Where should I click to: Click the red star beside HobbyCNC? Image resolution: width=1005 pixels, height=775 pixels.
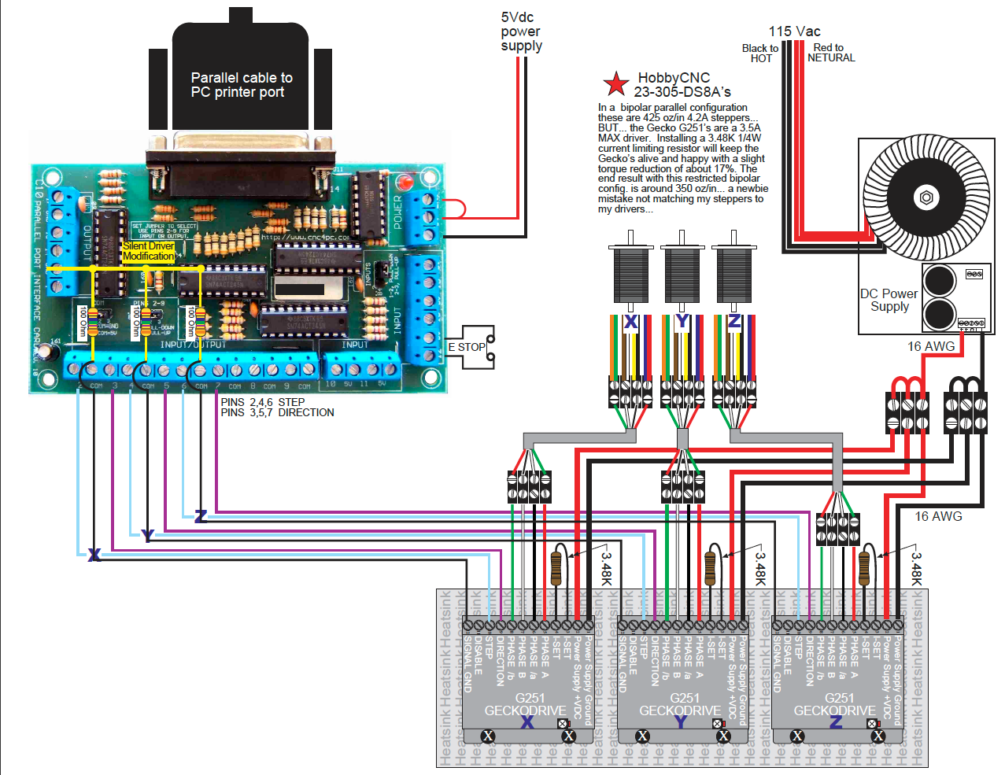click(615, 83)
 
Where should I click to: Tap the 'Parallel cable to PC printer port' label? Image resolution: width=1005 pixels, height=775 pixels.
click(241, 85)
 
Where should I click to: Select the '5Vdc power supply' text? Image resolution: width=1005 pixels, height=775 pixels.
click(521, 31)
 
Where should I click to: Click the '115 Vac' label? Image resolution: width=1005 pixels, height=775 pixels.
click(794, 31)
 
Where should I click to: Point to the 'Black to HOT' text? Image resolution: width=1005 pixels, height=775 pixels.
click(760, 54)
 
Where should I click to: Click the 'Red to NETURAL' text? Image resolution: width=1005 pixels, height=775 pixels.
click(830, 53)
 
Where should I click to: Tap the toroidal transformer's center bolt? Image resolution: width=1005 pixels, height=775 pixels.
click(926, 197)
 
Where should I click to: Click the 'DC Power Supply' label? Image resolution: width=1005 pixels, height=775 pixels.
click(889, 300)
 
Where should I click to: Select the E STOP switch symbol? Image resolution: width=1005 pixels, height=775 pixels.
click(471, 347)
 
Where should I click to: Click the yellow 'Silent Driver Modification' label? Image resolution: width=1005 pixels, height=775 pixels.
click(149, 251)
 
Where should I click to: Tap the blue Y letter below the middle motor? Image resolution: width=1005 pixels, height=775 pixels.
click(682, 322)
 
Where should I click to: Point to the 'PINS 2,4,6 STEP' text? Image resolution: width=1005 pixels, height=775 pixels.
click(262, 402)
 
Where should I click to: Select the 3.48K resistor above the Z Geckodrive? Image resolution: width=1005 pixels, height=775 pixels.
click(864, 565)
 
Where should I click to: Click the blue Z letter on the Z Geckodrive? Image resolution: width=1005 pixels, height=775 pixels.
click(836, 721)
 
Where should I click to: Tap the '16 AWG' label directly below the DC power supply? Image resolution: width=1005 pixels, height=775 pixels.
click(930, 346)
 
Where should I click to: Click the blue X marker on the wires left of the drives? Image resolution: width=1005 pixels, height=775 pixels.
click(94, 555)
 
